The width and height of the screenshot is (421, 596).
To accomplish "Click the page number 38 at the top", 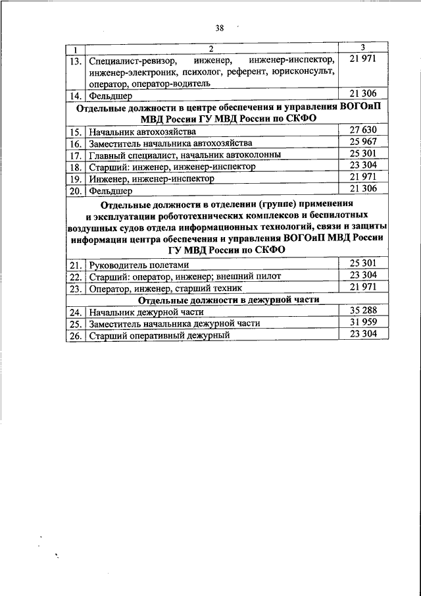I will (x=219, y=28).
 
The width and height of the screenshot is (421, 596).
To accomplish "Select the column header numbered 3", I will (x=363, y=47).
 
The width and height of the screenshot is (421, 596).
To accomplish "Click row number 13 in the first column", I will (x=76, y=61).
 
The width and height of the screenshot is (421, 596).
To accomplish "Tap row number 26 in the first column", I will (x=76, y=335).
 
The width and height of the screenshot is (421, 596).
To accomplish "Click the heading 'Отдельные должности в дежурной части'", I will (x=210, y=299).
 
